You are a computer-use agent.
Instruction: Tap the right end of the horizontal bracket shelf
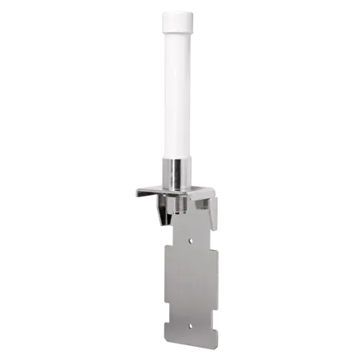(218, 192)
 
